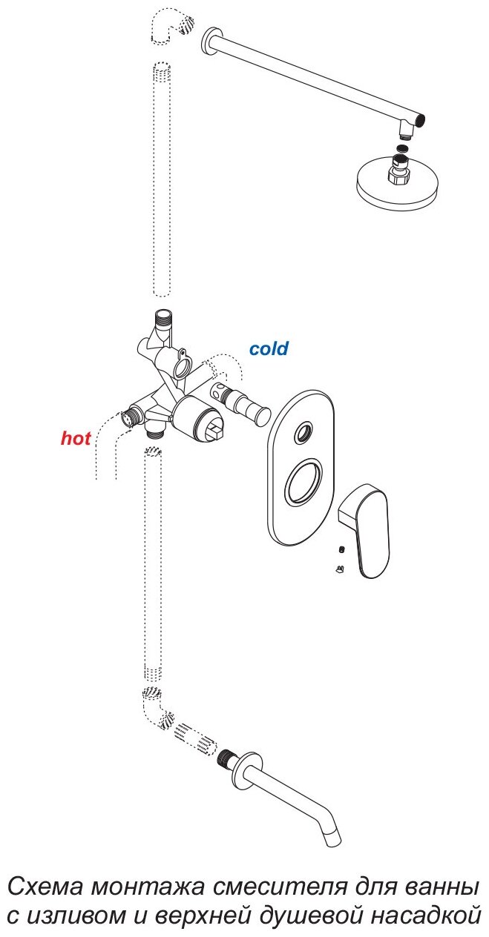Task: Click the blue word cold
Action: [x=269, y=348]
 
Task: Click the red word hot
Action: [x=76, y=438]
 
